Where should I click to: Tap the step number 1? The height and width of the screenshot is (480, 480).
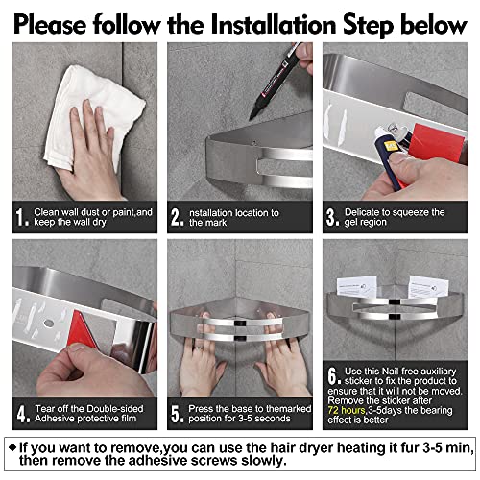[x=21, y=217]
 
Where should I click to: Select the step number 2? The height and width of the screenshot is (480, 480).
[x=177, y=217]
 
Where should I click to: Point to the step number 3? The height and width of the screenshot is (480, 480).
[x=332, y=217]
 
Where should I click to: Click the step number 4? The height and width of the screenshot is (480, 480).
[x=23, y=414]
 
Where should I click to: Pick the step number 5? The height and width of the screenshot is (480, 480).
[x=177, y=414]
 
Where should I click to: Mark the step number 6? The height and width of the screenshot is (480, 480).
[x=333, y=375]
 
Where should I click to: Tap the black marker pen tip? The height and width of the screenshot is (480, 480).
[x=252, y=114]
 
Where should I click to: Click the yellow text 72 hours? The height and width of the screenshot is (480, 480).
[x=347, y=410]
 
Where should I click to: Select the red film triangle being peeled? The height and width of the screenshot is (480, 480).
[x=84, y=329]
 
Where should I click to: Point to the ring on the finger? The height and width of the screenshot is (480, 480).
[x=199, y=348]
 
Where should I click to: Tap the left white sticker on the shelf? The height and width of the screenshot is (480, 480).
[x=356, y=286]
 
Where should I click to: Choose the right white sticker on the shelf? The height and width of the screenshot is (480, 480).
[x=428, y=287]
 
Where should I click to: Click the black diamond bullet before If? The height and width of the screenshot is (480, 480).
[x=12, y=447]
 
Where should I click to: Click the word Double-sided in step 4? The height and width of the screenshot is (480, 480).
[x=115, y=409]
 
